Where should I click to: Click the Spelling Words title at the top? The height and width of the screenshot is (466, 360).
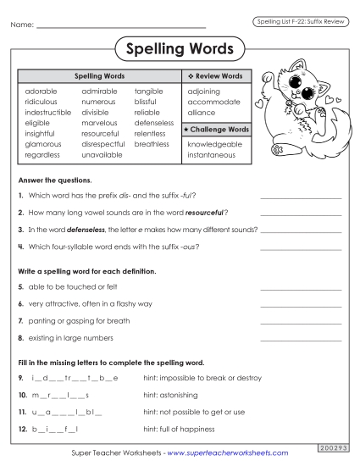click(180, 49)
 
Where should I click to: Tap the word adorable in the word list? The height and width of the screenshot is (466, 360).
click(42, 90)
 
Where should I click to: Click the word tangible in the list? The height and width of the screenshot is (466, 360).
click(148, 90)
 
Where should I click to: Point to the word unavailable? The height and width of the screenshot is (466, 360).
click(102, 155)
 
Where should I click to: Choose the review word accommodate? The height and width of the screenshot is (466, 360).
click(213, 101)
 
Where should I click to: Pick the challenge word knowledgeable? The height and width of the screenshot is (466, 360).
click(214, 144)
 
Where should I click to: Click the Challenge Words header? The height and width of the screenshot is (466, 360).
click(217, 130)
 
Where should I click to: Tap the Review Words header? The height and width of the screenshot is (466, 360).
click(214, 76)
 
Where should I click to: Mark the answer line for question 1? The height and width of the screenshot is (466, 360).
click(301, 197)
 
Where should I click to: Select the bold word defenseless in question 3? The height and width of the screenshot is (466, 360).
click(83, 229)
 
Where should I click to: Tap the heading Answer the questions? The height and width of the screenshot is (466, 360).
click(53, 180)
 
